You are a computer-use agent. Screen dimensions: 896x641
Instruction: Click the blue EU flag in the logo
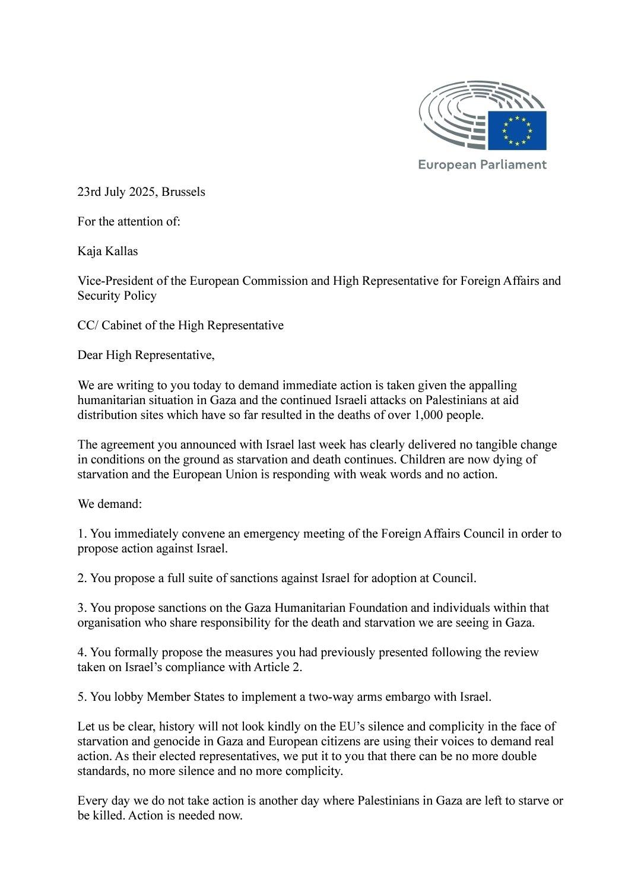[x=516, y=130]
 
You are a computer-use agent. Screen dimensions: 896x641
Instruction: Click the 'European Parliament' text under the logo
[x=482, y=164]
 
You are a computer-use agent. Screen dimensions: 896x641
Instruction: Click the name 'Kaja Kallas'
[x=107, y=251]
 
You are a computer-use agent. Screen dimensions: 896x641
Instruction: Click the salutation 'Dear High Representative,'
[x=146, y=355]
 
